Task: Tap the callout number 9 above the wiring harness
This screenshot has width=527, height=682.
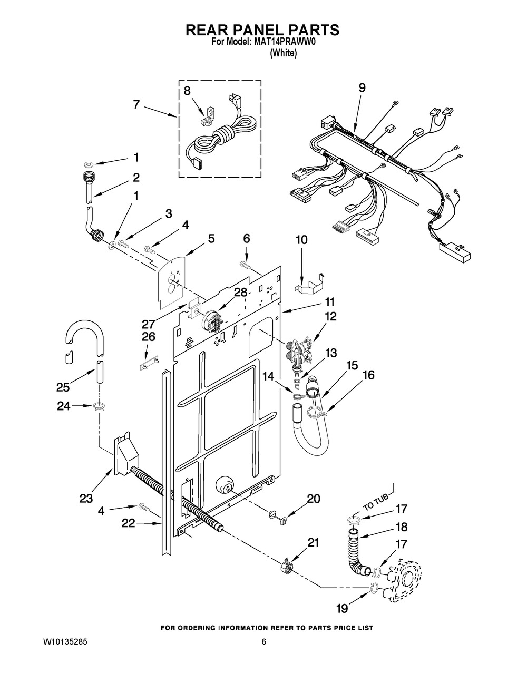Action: pyautogui.click(x=362, y=87)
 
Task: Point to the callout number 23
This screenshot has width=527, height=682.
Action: pyautogui.click(x=86, y=498)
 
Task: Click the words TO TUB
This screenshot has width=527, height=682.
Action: pyautogui.click(x=376, y=501)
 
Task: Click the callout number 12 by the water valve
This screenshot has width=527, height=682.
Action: pyautogui.click(x=329, y=316)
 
